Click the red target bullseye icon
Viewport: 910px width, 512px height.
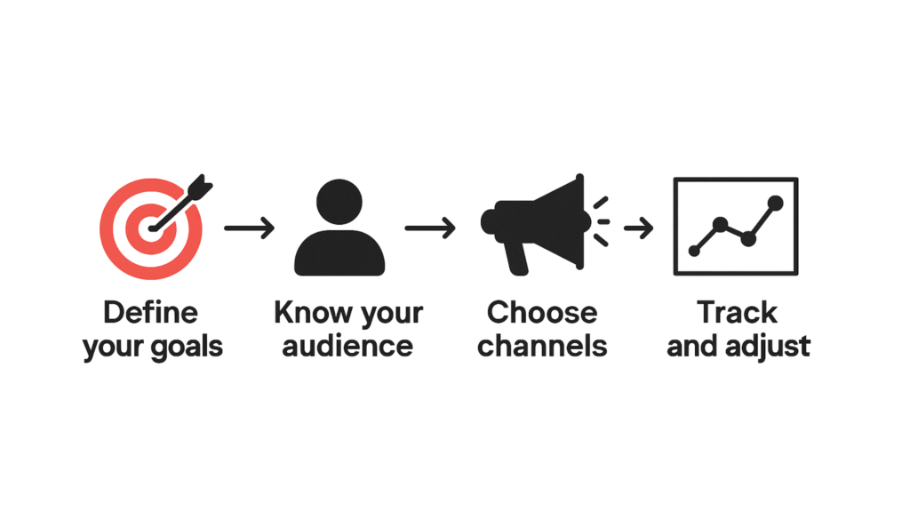[x=151, y=228]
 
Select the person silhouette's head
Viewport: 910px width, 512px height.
[x=339, y=202]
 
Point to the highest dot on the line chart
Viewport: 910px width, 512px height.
[x=775, y=203]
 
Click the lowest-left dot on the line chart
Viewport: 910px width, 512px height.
[x=694, y=251]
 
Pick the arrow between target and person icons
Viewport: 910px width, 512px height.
[x=250, y=228]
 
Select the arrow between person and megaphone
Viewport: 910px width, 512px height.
[x=430, y=228]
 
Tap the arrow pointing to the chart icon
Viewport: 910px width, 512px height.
[x=638, y=228]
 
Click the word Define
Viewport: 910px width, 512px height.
[x=151, y=312]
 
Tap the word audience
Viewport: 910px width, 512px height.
[x=347, y=346]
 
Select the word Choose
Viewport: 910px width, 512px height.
[x=542, y=312]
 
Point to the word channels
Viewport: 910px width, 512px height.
[x=542, y=346]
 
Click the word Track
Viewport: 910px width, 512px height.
[x=737, y=312]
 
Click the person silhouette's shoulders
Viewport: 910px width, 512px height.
[x=339, y=253]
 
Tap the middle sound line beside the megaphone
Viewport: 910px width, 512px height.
[x=603, y=221]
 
